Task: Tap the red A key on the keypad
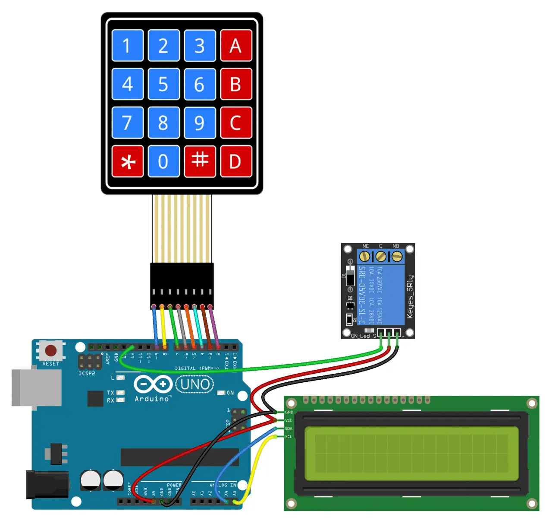point(236,46)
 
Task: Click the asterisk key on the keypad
point(128,162)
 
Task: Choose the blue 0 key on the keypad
point(163,162)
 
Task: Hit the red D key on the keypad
point(236,162)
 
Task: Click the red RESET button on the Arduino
point(51,350)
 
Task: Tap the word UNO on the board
point(194,384)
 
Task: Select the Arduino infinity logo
point(153,384)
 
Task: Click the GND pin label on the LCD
point(289,412)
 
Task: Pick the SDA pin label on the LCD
point(289,429)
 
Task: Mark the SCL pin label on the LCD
point(289,437)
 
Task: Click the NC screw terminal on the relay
point(365,257)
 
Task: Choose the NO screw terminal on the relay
point(397,257)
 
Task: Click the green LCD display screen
point(411,454)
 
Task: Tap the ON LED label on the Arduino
point(230,393)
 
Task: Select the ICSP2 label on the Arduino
point(87,373)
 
